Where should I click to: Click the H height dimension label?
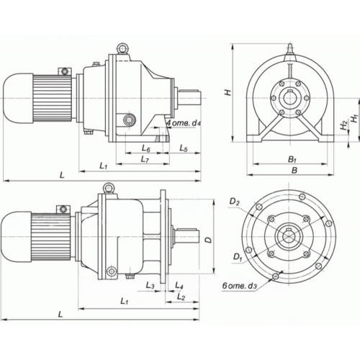[228, 92]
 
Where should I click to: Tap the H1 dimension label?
[354, 119]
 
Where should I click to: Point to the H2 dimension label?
[345, 125]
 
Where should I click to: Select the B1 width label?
[292, 159]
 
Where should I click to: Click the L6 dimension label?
[146, 148]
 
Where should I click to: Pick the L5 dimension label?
[184, 148]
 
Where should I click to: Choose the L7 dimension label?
[145, 159]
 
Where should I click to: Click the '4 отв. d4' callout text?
[184, 123]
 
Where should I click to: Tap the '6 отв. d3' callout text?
[240, 286]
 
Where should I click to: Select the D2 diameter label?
[234, 202]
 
